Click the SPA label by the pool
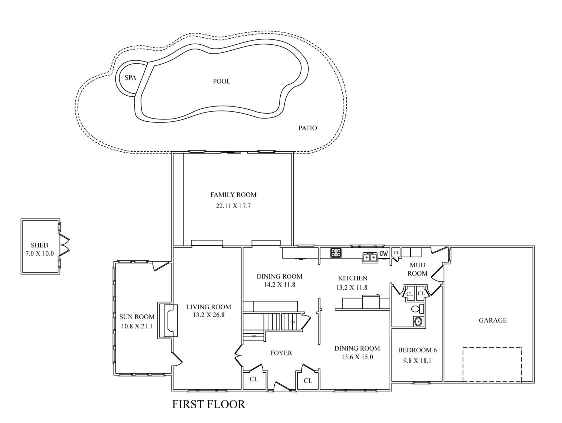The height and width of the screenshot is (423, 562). coord(130,78)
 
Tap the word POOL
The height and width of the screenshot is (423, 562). coord(222,81)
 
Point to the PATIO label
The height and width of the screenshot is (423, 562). coord(308,128)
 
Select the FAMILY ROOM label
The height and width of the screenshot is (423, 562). coord(233,195)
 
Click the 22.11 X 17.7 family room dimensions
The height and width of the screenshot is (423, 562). coord(233,206)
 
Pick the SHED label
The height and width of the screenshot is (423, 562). coord(39,245)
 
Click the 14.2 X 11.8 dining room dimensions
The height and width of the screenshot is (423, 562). coord(280,285)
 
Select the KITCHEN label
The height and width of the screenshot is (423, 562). coord(353,278)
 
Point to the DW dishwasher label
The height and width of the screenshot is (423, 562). coord(384,253)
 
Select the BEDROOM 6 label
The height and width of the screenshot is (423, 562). coord(417,350)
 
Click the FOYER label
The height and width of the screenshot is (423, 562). coord(281,353)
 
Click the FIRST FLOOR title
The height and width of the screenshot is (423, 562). coord(209,404)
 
